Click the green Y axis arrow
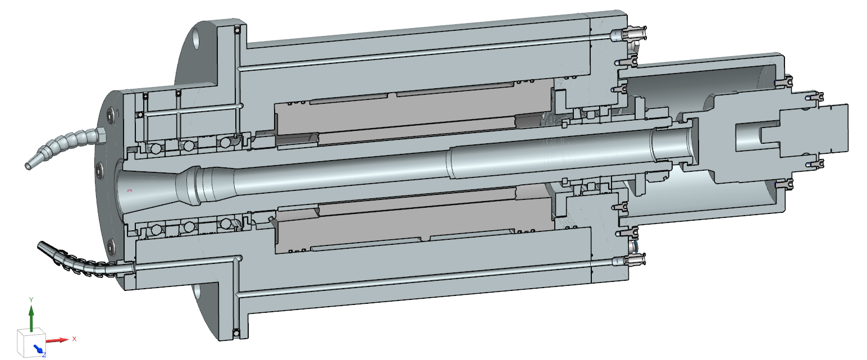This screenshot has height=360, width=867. [31, 318]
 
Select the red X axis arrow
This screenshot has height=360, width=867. [58, 340]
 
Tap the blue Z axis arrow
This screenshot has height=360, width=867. [39, 349]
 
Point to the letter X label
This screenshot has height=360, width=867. [74, 339]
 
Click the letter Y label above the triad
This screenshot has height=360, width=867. [31, 299]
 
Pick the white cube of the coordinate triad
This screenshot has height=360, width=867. [31, 343]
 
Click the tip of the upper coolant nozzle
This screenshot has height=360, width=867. [28, 166]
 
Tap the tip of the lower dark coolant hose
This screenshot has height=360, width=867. [39, 245]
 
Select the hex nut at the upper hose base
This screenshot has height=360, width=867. [101, 135]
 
